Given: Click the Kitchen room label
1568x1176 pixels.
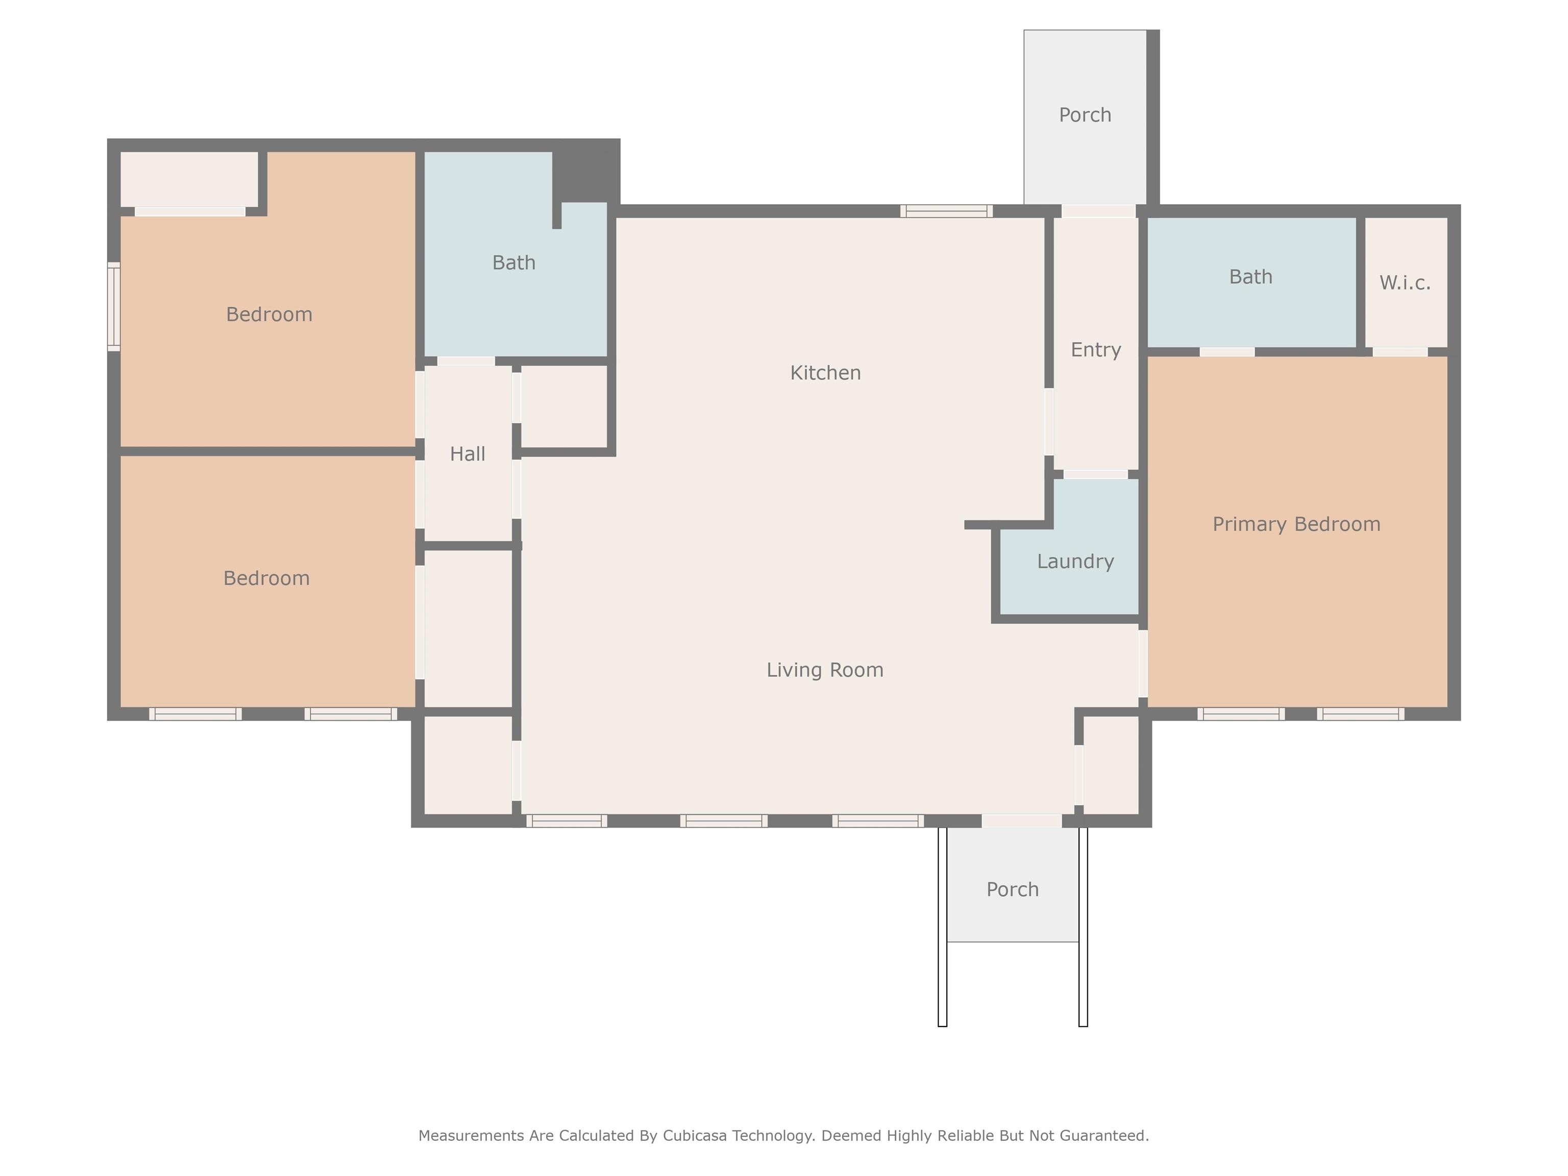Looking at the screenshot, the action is tap(825, 373).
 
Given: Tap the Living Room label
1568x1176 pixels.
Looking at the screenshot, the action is tap(825, 670).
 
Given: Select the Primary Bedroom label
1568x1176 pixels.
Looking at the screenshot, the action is tap(1296, 525).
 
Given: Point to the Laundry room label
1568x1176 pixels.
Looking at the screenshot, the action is tap(1075, 562).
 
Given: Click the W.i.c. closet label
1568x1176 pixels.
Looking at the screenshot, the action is tap(1405, 283).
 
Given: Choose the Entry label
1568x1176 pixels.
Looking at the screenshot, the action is tap(1096, 350).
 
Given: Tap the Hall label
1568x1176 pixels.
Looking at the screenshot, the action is tap(468, 454).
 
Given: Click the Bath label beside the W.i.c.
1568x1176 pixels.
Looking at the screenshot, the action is tap(1251, 277).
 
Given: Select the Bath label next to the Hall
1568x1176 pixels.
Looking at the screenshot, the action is tap(514, 262).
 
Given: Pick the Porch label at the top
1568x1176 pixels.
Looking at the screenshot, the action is tap(1085, 115).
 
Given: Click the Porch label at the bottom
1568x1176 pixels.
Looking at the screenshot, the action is tap(1013, 890).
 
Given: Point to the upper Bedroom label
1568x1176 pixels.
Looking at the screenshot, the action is tap(269, 315).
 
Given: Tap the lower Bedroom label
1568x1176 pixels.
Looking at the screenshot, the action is tap(266, 578).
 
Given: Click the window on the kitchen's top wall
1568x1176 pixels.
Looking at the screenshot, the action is tap(946, 210).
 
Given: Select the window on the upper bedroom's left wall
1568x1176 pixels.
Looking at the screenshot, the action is tap(113, 306).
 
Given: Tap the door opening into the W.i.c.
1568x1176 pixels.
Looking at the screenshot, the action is tap(1400, 352).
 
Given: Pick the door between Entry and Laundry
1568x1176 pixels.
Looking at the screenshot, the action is tap(1096, 474).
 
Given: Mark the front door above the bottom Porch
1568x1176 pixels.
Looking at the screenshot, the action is tap(1021, 821).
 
